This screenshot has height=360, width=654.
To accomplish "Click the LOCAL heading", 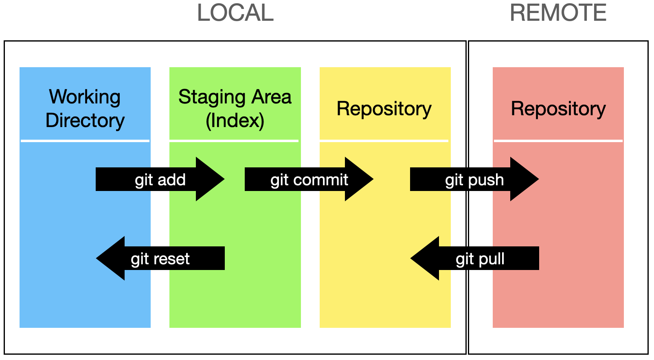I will (235, 13).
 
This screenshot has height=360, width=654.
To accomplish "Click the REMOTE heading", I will (558, 13).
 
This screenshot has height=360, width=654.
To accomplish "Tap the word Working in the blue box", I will (85, 97).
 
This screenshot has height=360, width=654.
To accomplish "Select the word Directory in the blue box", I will (85, 121).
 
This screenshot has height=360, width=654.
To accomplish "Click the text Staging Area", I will (235, 97).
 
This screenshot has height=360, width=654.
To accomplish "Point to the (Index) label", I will (235, 121).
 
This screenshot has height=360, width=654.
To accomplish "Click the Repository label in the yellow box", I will (384, 109).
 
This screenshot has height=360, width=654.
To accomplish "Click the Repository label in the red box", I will (558, 109).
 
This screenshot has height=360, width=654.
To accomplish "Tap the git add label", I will (160, 180).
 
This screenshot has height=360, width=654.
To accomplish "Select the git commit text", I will (309, 180).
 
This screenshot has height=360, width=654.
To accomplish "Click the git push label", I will (474, 180).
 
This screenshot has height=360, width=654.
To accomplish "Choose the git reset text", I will (160, 259).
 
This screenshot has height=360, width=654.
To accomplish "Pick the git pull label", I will (480, 259).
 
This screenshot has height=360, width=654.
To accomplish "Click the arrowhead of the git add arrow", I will (210, 179).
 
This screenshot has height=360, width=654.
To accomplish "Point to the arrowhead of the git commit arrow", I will (359, 179).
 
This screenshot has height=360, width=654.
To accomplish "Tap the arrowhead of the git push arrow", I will (524, 179).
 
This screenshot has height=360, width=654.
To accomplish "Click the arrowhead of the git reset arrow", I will (111, 258).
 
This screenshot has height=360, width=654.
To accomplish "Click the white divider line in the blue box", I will (85, 141).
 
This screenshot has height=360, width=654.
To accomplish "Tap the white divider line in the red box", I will (558, 141).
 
